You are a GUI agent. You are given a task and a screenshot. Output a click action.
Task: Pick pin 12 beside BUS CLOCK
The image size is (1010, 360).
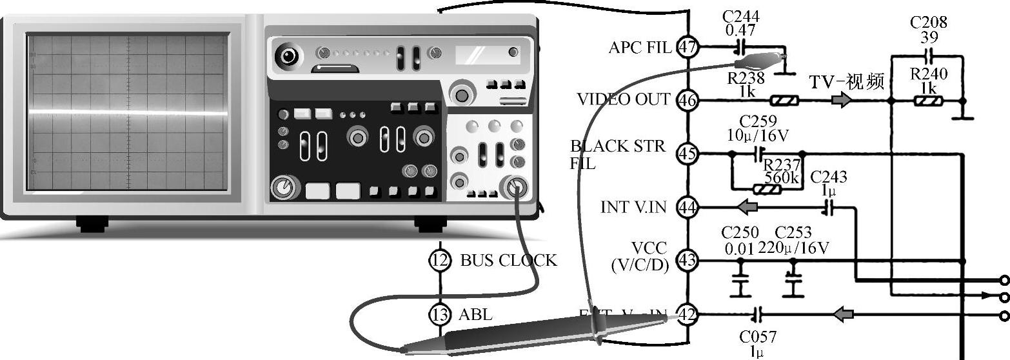[439, 260]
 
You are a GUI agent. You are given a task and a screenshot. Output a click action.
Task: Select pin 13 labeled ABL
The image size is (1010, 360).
[439, 314]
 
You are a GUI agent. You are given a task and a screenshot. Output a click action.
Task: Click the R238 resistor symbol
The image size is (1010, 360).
[785, 101]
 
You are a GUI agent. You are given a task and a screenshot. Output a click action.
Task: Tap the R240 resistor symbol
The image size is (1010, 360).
[928, 101]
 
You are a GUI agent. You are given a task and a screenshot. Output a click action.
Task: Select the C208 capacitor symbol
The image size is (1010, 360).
[929, 55]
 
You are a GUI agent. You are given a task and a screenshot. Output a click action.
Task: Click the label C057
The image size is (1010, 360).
[758, 337]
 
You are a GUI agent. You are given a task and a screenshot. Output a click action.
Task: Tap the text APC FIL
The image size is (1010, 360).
[640, 47]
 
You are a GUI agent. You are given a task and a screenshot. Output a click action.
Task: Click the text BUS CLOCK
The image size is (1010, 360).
[508, 261]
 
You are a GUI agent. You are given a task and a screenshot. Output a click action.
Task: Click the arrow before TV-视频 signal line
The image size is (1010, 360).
[840, 101]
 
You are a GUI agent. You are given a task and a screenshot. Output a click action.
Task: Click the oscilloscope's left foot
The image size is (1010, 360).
[92, 224]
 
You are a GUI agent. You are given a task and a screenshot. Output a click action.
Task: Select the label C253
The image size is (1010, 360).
[793, 232]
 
